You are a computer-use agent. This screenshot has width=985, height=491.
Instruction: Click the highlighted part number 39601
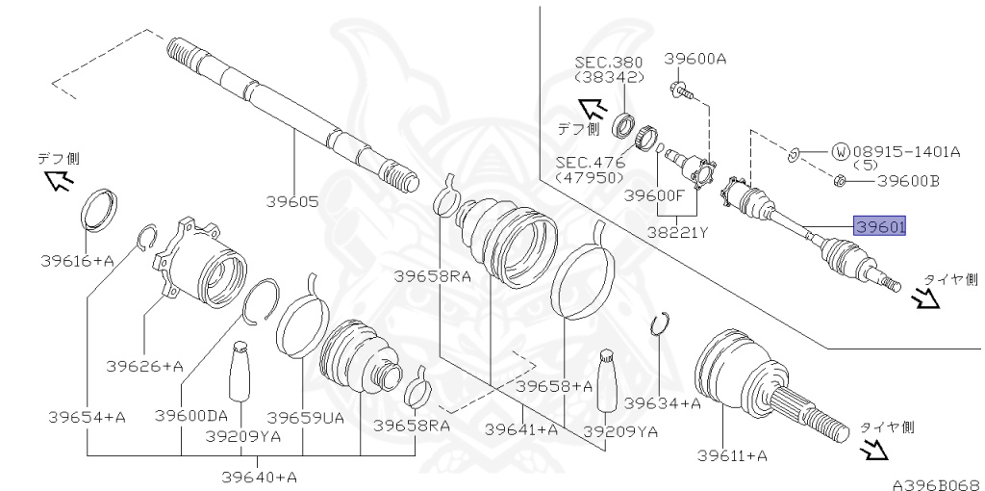(x=879, y=225)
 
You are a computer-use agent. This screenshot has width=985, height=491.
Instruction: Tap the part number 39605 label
(x=292, y=202)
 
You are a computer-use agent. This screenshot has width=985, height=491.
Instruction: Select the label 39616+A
(x=77, y=260)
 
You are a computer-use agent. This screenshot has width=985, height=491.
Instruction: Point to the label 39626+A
(x=144, y=366)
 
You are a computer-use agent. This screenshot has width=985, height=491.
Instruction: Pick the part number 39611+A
(x=732, y=455)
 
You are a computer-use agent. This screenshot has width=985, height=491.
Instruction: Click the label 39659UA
(x=305, y=418)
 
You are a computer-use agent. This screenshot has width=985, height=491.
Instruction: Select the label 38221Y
(x=678, y=233)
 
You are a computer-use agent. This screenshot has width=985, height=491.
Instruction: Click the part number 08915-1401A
(x=906, y=151)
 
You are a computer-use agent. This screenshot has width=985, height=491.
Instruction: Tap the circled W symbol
(x=840, y=151)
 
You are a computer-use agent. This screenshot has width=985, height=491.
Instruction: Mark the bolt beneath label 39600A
(x=681, y=90)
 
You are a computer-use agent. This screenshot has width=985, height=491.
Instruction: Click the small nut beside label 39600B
(x=839, y=182)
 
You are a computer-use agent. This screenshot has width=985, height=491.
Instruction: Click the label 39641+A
(x=521, y=429)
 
